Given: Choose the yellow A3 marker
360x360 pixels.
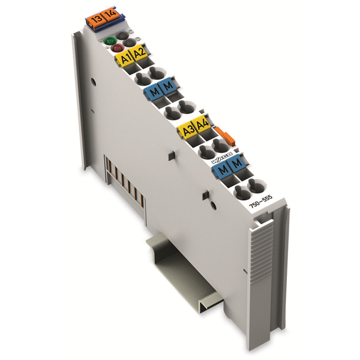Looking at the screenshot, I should tap(186, 131).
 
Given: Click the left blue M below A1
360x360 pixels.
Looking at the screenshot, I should tap(154, 91).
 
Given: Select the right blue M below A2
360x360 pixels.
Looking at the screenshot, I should tap(168, 87).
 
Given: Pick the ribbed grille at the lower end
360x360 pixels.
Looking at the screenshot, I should tap(262, 253).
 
